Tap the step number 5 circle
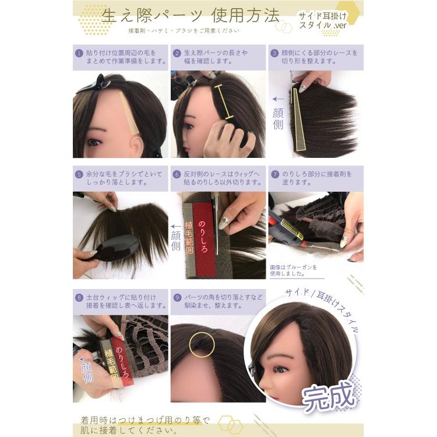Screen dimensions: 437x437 pyautogui.click(x=79, y=173)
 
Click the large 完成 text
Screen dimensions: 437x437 pyautogui.click(x=329, y=394)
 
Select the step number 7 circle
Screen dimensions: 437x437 pyautogui.click(x=275, y=173)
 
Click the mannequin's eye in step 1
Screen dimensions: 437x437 pyautogui.click(x=93, y=142)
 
